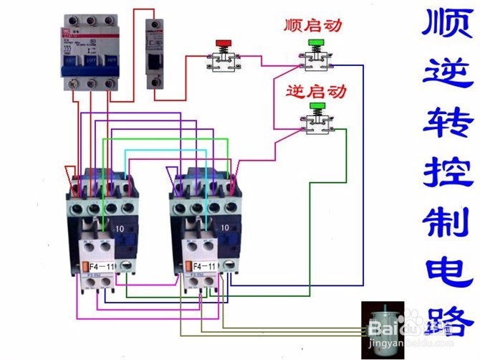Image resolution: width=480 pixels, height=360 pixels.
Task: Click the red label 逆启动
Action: pyautogui.click(x=316, y=92)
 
